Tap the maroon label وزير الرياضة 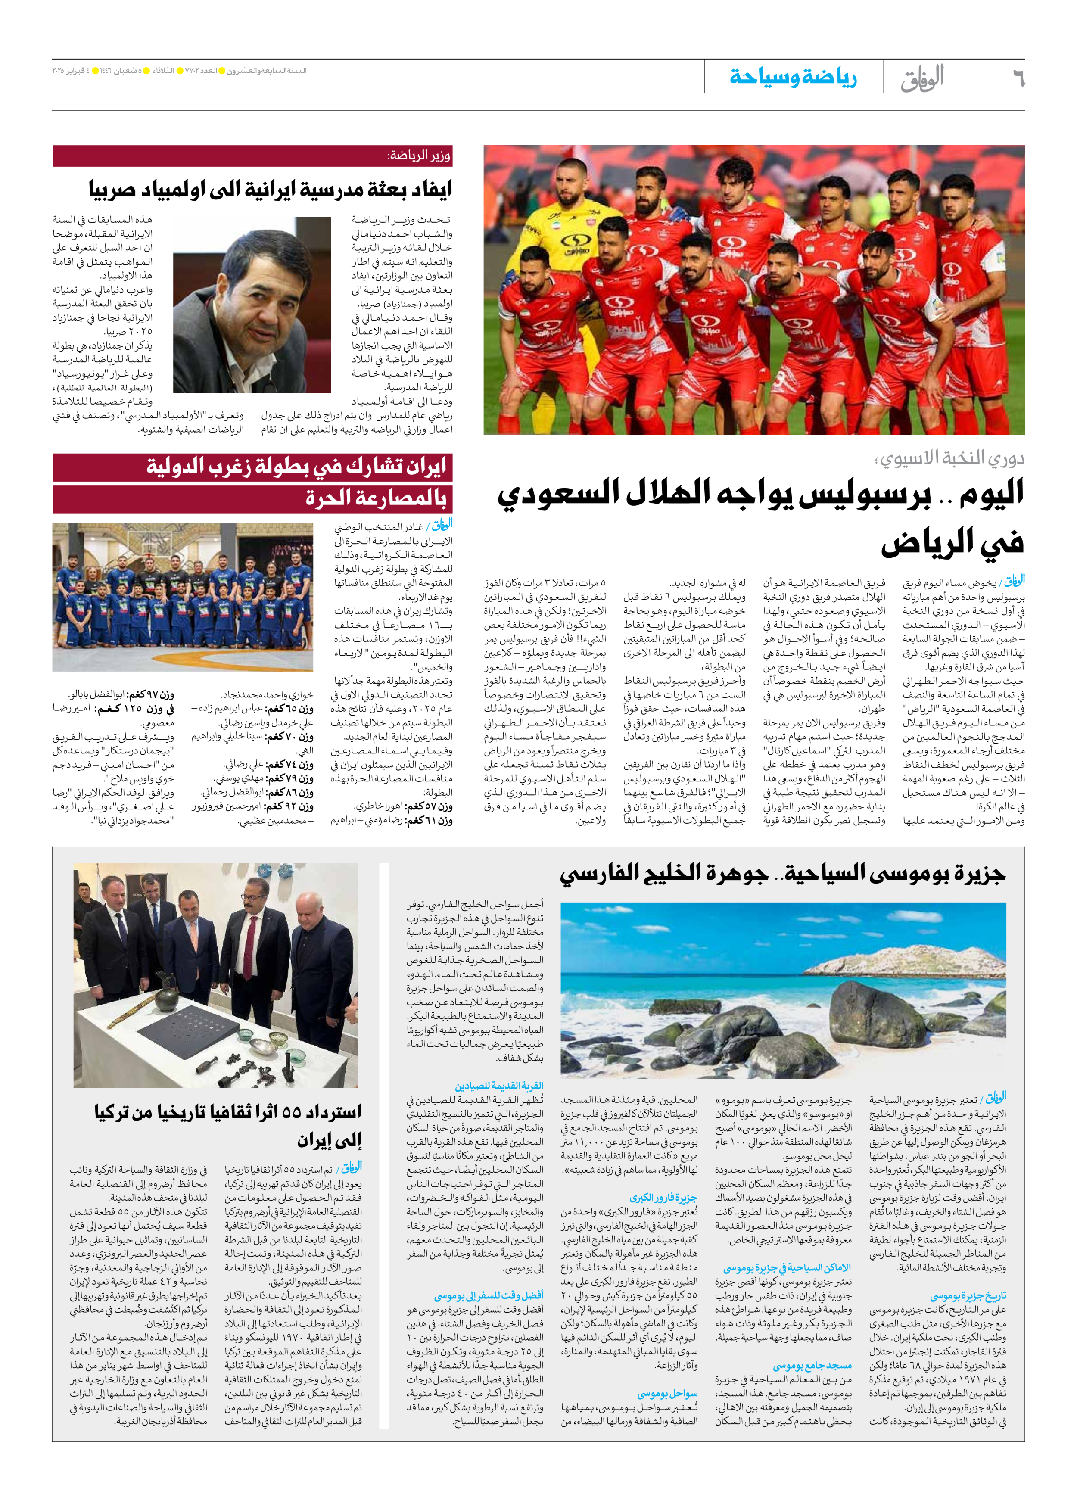tap(419, 156)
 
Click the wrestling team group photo tap(183, 597)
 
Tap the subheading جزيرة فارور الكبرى tap(663, 1198)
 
